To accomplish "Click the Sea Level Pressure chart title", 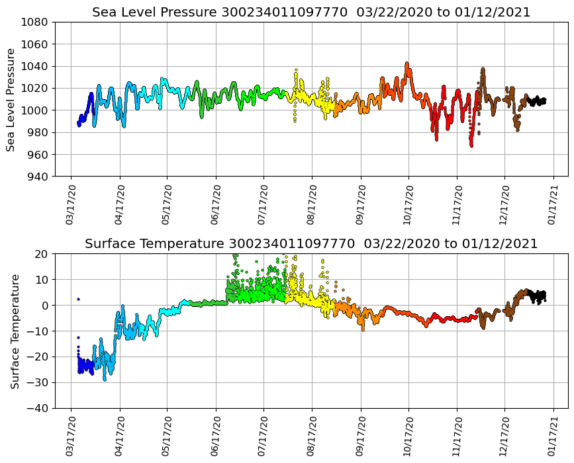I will [x=311, y=13].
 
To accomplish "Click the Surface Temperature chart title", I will [x=311, y=244].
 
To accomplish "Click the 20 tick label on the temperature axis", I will [x=42, y=253].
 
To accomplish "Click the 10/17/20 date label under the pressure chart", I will [x=408, y=204].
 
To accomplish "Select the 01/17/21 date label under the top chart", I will [x=553, y=204].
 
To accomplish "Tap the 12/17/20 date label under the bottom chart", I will [x=504, y=436].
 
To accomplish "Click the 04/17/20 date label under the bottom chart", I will [x=120, y=436].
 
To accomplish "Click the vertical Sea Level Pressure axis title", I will [x=11, y=99].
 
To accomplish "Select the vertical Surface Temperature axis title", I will [x=14, y=331].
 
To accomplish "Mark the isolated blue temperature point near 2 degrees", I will [x=78, y=299].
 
